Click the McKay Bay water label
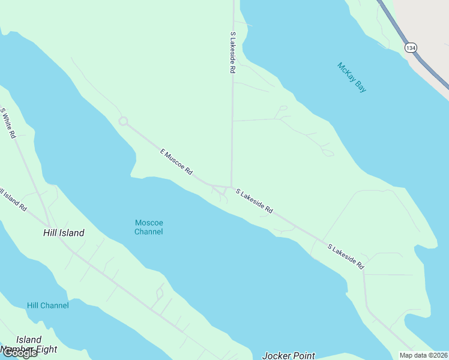[352, 77]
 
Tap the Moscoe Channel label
[148, 227]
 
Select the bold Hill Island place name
[64, 233]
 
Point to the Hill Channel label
[48, 305]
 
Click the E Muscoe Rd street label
[176, 162]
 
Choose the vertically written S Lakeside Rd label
[232, 53]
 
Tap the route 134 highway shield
[411, 47]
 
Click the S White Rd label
[8, 124]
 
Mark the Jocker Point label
[288, 355]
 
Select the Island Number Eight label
[29, 344]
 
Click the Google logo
[20, 353]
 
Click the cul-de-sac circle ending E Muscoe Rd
[124, 121]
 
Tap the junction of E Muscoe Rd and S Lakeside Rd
[232, 187]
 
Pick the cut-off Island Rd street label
[13, 200]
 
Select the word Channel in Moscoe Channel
[148, 232]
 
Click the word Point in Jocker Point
[303, 355]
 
